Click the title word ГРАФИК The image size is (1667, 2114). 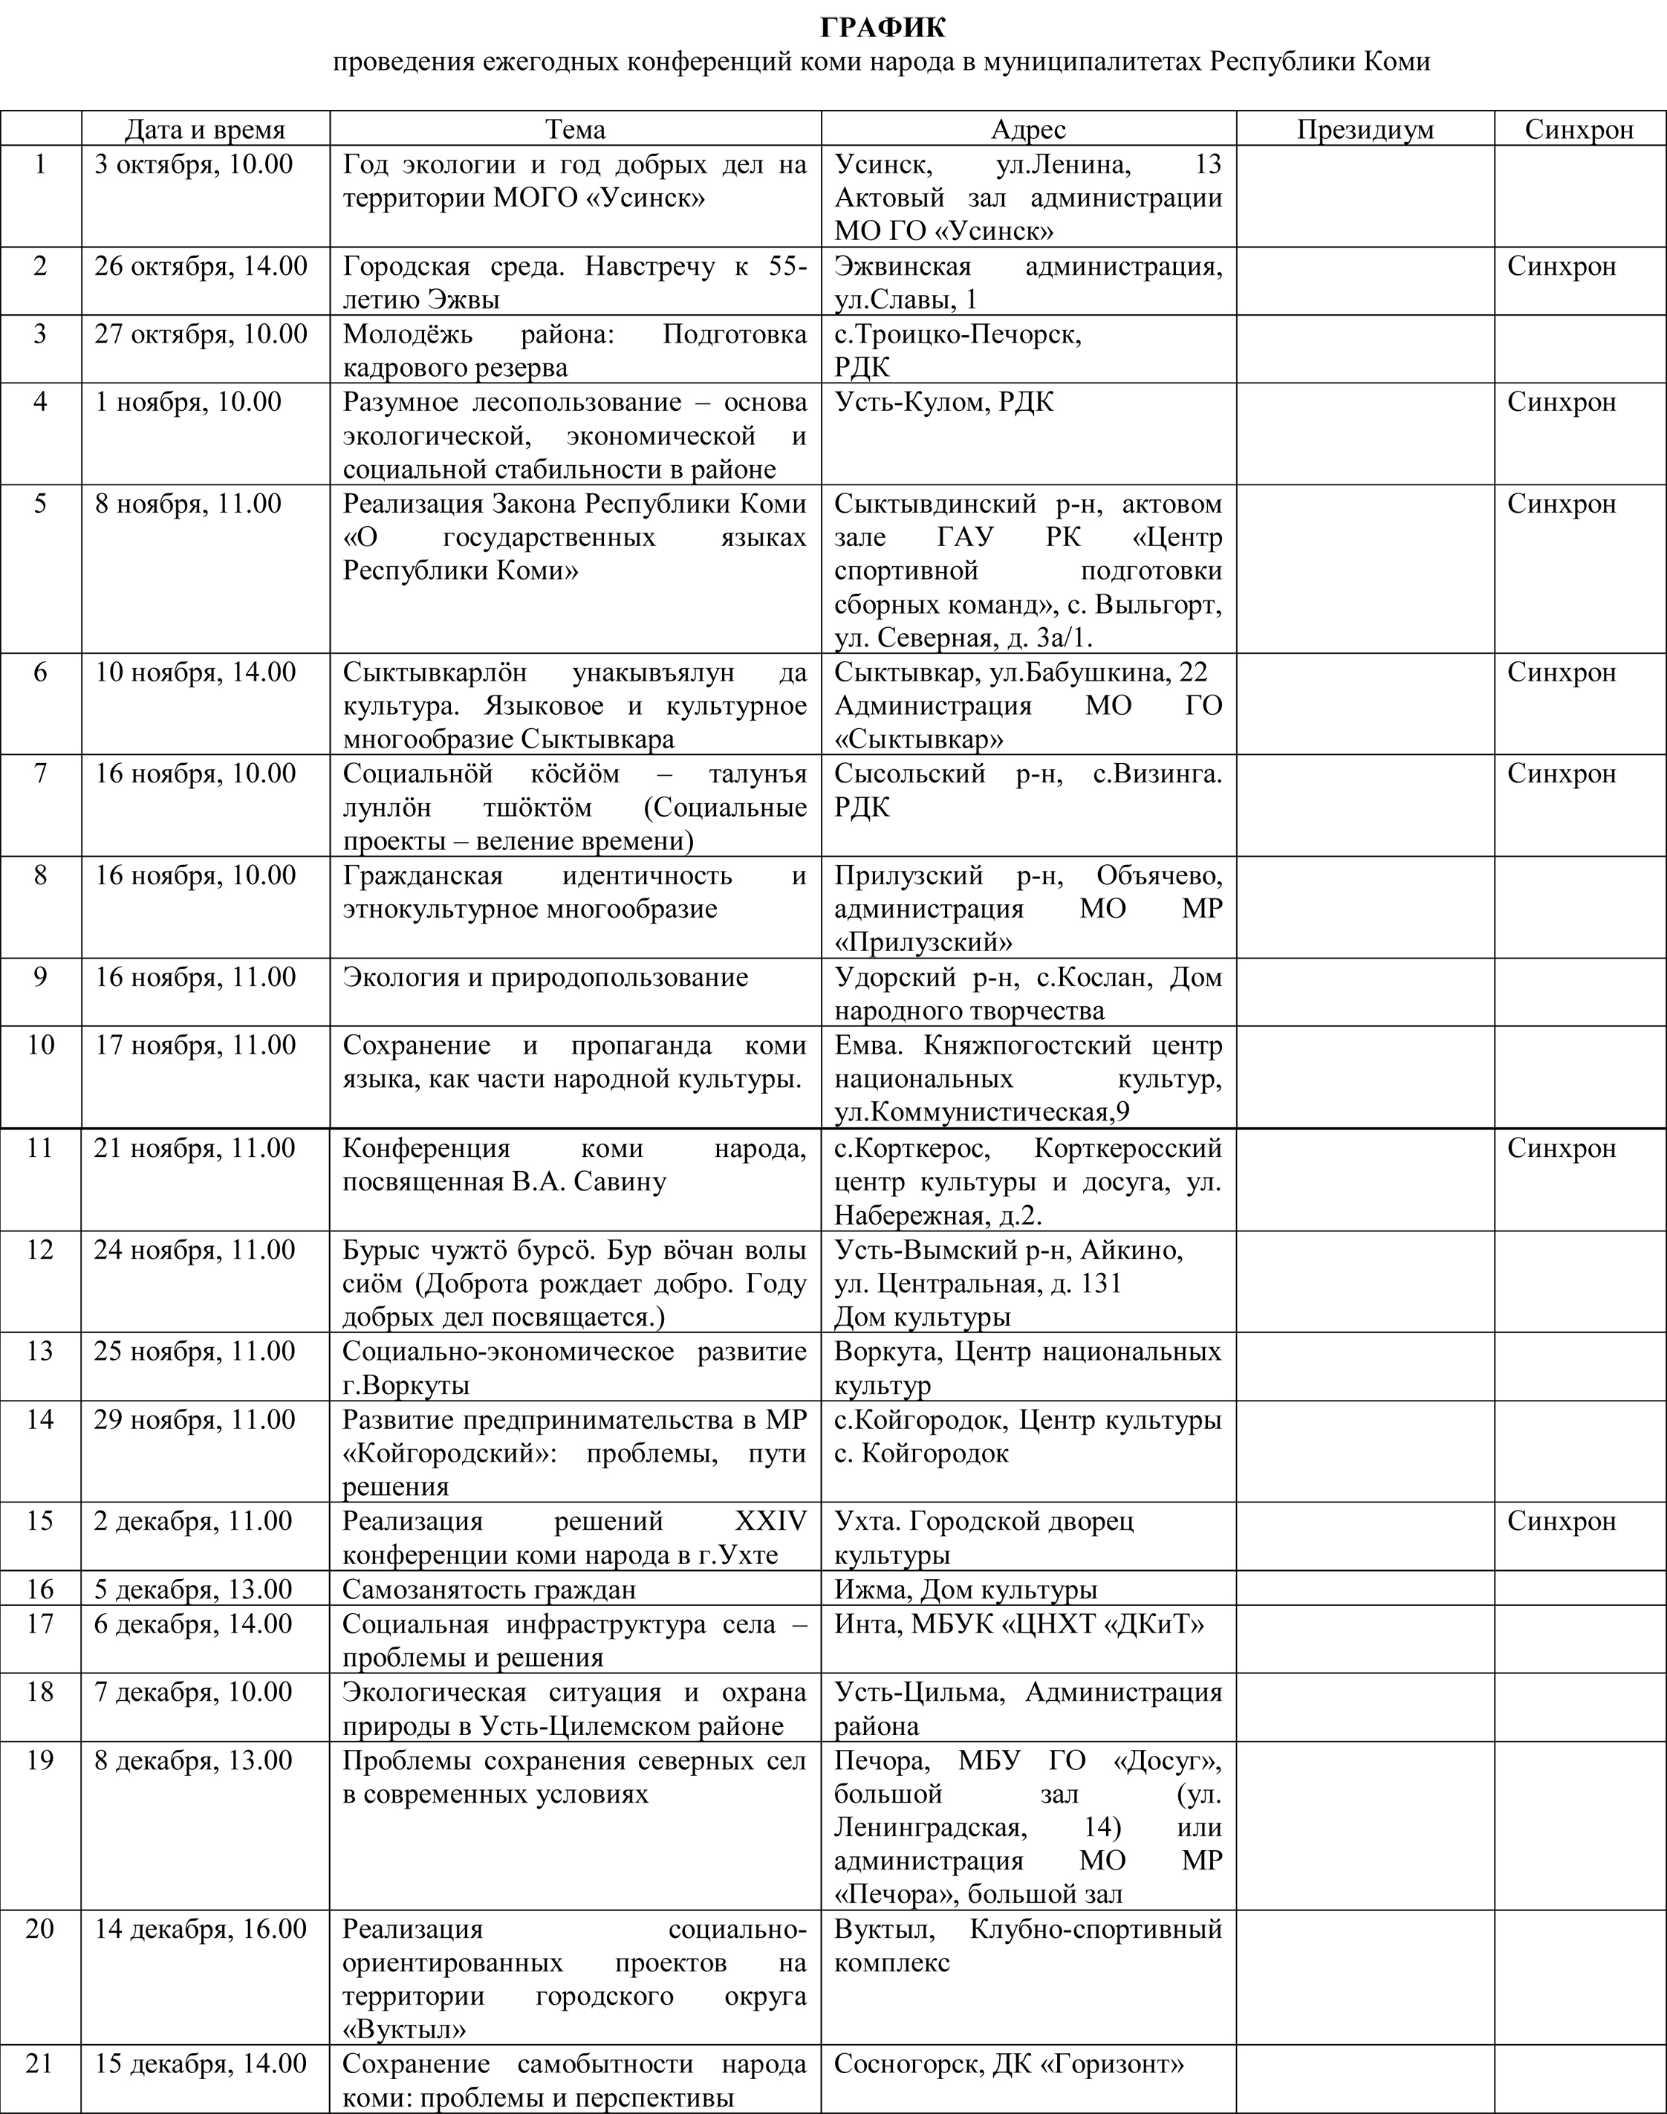[883, 26]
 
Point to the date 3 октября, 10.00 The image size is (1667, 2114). [193, 164]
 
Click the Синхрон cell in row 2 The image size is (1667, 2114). [1562, 267]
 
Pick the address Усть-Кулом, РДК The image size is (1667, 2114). [943, 402]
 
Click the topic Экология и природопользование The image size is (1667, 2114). [545, 977]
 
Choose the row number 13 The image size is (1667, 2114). [40, 1351]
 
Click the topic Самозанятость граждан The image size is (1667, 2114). [489, 1589]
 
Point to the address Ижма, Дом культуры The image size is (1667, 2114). [965, 1589]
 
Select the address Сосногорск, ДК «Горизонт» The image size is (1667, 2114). [1009, 2064]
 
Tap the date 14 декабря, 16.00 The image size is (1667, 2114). [201, 1928]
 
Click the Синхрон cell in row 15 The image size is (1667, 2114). [1562, 1520]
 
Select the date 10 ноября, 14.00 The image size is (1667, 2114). [195, 672]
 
